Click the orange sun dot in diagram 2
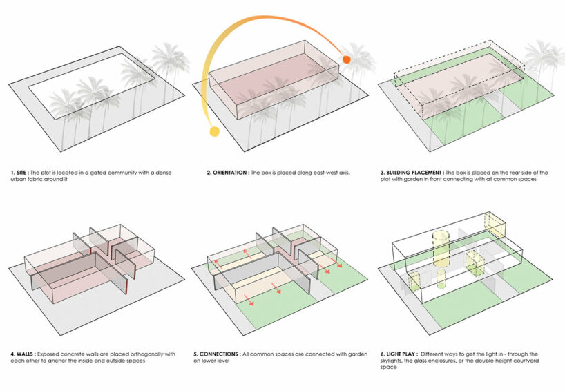point(347,60)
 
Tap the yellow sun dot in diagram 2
point(214,131)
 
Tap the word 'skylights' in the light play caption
point(395,361)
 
